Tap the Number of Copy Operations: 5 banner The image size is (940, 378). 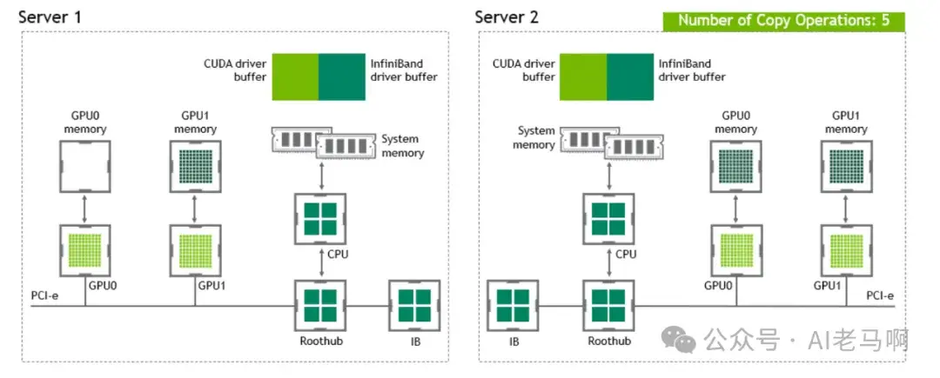pyautogui.click(x=783, y=20)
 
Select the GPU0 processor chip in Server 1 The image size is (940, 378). pyautogui.click(x=84, y=249)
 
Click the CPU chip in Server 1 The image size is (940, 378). pyautogui.click(x=322, y=217)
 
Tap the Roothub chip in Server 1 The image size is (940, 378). pyautogui.click(x=322, y=305)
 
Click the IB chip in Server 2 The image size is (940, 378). pyautogui.click(x=514, y=305)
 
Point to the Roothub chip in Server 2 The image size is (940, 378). pyautogui.click(x=608, y=305)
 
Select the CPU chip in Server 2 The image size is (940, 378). pyautogui.click(x=608, y=217)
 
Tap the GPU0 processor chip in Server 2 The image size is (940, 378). pyautogui.click(x=739, y=249)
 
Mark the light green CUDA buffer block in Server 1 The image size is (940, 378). pyautogui.click(x=295, y=76)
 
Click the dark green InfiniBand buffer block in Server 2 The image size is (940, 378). pyautogui.click(x=630, y=76)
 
